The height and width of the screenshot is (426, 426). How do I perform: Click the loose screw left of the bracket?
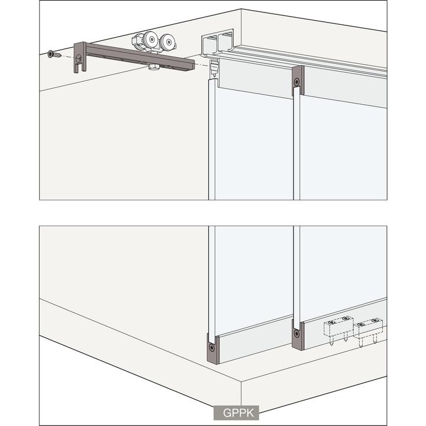[x=52, y=54]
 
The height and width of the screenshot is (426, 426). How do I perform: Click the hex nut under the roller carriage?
[x=154, y=67]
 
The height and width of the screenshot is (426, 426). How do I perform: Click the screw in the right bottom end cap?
[x=296, y=331]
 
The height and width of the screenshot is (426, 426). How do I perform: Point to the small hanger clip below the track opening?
[x=212, y=71]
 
